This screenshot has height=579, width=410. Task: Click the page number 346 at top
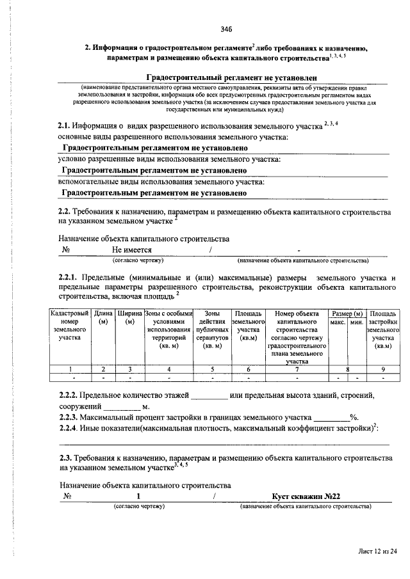(x=225, y=29)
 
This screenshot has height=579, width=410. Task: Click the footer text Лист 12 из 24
(x=377, y=550)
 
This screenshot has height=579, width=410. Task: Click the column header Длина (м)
(x=103, y=317)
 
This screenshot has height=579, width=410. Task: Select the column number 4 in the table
(x=169, y=369)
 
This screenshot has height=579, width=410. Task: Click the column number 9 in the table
(x=383, y=369)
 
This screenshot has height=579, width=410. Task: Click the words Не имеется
(x=132, y=250)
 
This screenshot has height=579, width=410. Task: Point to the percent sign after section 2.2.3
(x=353, y=417)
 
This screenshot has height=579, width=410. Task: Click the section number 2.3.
(x=65, y=459)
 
